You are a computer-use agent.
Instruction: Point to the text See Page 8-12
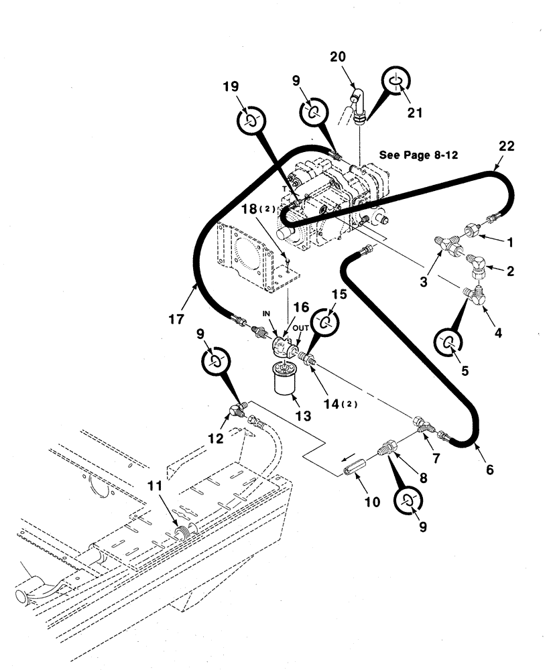[x=418, y=154]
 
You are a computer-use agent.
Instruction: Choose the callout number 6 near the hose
[x=489, y=470]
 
